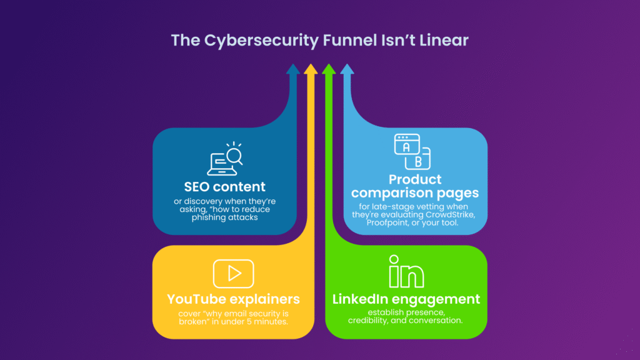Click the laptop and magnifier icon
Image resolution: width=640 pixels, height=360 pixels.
point(225,159)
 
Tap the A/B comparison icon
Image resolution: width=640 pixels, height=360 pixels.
point(412,151)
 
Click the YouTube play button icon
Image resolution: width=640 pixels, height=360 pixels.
point(233,273)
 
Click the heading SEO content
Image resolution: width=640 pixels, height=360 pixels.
point(224,187)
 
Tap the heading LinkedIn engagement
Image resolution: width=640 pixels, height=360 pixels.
point(406,299)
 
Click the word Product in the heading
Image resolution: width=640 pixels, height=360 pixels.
point(415,179)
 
